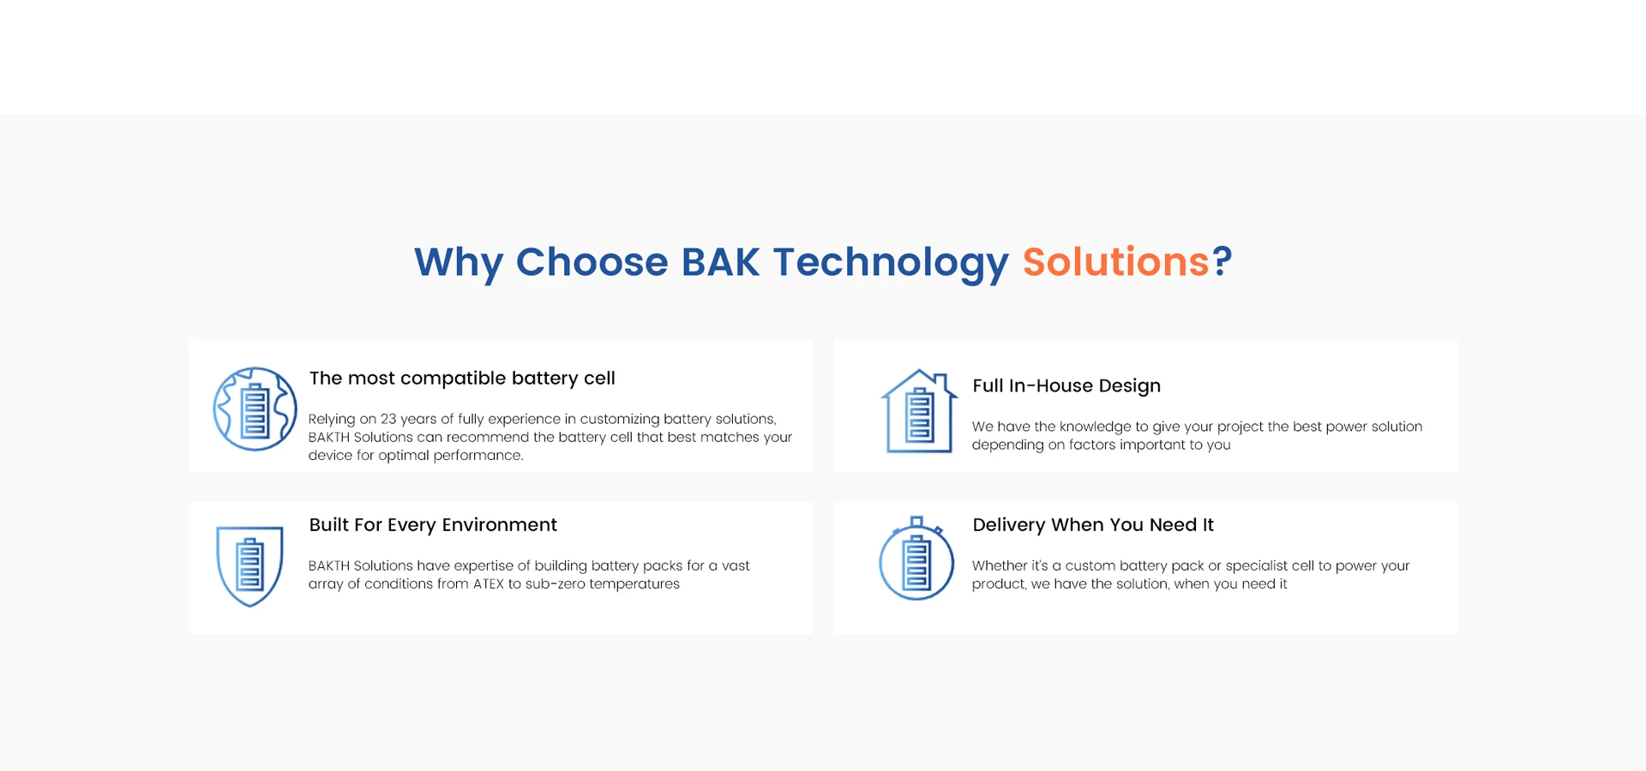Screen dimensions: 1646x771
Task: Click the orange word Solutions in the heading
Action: click(1115, 261)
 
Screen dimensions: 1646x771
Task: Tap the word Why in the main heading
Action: click(459, 263)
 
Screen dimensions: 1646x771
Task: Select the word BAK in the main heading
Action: click(720, 261)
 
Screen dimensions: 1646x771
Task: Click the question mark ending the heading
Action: click(1222, 261)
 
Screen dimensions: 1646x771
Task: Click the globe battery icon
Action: click(255, 409)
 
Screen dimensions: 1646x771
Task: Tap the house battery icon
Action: click(919, 410)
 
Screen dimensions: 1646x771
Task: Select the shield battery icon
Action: click(249, 566)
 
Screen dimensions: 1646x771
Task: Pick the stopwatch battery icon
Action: click(916, 558)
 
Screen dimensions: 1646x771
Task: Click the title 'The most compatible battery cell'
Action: click(462, 379)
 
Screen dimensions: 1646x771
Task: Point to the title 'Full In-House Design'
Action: click(1066, 385)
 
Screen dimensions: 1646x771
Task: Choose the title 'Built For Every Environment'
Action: click(433, 524)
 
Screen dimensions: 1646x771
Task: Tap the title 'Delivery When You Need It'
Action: click(1093, 524)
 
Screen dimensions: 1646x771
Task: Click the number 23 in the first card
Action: click(388, 419)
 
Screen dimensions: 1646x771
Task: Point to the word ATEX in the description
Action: click(489, 584)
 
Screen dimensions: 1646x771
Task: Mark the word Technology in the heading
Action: click(891, 263)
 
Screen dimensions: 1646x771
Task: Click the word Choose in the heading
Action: click(592, 261)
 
